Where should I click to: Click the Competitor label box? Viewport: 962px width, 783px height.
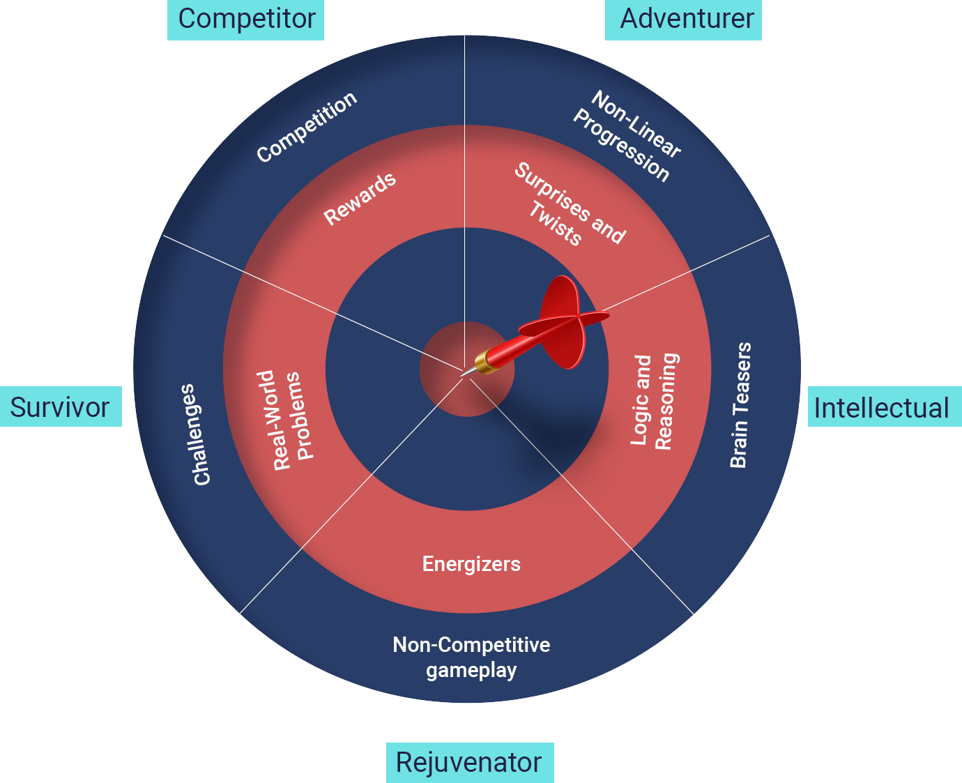point(245,19)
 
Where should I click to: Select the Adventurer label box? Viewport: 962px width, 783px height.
point(683,19)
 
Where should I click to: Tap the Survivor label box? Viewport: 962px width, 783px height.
point(61,406)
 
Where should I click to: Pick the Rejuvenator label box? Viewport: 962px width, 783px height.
point(470,762)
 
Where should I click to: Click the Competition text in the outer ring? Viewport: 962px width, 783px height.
point(307,127)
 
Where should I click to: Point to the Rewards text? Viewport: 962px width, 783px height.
point(360,199)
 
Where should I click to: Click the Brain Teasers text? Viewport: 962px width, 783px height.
point(740,404)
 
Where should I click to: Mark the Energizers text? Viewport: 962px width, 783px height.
point(471,563)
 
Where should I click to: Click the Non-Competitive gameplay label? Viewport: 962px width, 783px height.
point(471,657)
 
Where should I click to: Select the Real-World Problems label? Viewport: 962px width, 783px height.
point(287,420)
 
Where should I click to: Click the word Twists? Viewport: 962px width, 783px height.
point(554,223)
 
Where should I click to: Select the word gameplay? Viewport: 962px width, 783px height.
point(471,671)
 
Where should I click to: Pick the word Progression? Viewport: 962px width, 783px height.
point(621,146)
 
